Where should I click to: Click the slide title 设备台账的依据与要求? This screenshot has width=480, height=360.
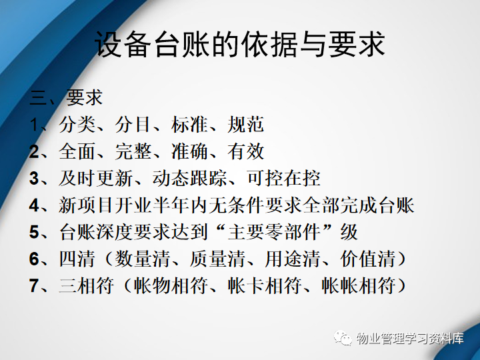tap(240, 45)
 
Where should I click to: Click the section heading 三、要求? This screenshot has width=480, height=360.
tap(66, 97)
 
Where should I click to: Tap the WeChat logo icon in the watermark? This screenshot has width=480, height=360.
tap(343, 337)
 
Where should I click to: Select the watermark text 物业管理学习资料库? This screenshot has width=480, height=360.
tap(410, 338)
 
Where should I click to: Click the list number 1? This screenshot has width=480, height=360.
tap(33, 125)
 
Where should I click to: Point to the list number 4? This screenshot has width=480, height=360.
tap(34, 205)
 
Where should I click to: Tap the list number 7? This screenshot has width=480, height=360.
tap(34, 286)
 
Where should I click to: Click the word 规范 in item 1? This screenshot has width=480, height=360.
tap(246, 124)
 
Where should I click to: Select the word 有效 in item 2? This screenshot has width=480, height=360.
tap(246, 151)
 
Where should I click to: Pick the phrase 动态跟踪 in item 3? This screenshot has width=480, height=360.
tap(190, 178)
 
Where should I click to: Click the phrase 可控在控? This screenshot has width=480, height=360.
tap(284, 178)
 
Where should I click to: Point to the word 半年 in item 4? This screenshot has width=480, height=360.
tap(171, 205)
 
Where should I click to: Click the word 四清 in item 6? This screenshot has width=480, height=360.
tap(77, 259)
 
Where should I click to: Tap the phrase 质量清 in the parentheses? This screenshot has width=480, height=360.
tap(217, 259)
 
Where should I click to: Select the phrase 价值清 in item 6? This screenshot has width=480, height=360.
tap(367, 259)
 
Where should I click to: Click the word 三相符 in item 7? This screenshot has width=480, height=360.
tap(86, 286)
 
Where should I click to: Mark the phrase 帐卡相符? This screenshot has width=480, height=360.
tap(265, 286)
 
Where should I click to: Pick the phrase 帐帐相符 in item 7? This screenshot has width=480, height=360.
tap(359, 286)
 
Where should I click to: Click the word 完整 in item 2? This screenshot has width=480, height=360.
tap(133, 151)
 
